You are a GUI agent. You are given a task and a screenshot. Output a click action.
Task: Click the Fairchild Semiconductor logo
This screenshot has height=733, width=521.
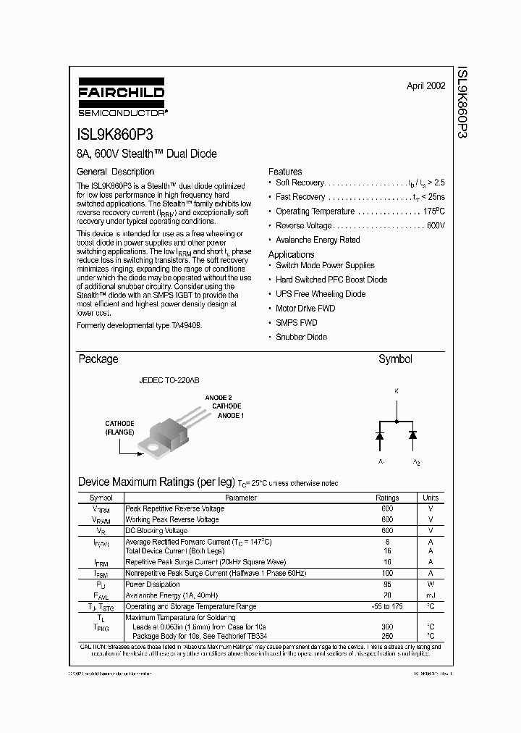tap(122, 101)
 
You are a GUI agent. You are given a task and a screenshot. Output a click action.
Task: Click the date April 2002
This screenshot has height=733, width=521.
tap(425, 85)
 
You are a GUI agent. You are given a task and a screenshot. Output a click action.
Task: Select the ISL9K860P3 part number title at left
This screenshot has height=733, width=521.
tap(114, 135)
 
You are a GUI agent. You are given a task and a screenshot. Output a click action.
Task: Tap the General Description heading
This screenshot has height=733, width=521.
tap(116, 172)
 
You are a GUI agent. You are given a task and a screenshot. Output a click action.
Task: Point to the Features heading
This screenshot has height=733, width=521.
tap(285, 172)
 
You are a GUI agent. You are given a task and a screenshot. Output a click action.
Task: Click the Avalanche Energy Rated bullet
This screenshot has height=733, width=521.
tap(318, 240)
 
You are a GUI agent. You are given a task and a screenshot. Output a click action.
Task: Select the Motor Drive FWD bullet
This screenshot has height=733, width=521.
tap(305, 309)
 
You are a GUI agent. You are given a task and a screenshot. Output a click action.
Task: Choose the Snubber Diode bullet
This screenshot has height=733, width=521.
tap(301, 337)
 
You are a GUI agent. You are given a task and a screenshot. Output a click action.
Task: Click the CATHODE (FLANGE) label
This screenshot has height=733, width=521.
tap(119, 427)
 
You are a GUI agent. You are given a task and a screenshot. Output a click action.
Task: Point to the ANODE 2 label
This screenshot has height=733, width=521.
tap(219, 398)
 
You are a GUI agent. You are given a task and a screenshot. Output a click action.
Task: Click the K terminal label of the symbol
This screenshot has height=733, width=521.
tap(396, 391)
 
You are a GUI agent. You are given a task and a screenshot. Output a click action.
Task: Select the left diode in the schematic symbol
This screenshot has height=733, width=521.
tap(379, 435)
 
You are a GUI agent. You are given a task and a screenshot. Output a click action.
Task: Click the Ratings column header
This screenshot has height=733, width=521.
tap(387, 498)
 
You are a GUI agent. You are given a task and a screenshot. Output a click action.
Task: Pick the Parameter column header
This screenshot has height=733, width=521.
tap(241, 498)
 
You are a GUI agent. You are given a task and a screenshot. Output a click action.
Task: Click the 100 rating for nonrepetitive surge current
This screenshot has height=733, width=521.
tap(387, 573)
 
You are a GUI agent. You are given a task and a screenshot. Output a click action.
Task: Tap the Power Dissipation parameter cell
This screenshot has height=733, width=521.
tap(153, 584)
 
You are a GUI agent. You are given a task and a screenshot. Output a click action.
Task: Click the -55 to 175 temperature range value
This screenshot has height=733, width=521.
tap(387, 606)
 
